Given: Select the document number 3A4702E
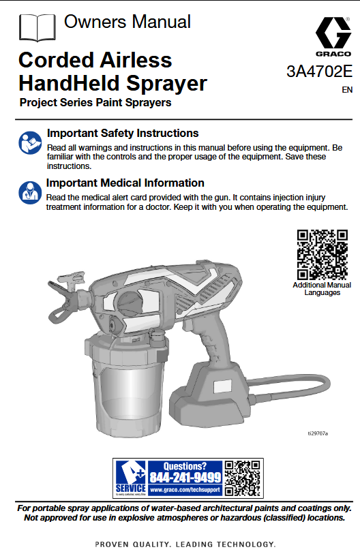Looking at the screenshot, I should point(319,72).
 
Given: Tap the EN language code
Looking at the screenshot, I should point(347,89).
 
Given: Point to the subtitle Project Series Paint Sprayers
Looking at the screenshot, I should point(95,104).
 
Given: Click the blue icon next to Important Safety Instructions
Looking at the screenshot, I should point(29,142).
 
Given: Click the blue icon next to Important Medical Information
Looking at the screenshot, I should point(29,191).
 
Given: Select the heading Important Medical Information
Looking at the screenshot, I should point(125,183).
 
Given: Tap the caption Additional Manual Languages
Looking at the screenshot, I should point(322,289).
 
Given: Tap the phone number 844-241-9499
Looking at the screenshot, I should point(185,477).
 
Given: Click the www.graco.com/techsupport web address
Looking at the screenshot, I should point(185,489).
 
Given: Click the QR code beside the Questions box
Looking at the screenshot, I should point(243,478).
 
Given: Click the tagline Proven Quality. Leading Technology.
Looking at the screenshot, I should point(185,544).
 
